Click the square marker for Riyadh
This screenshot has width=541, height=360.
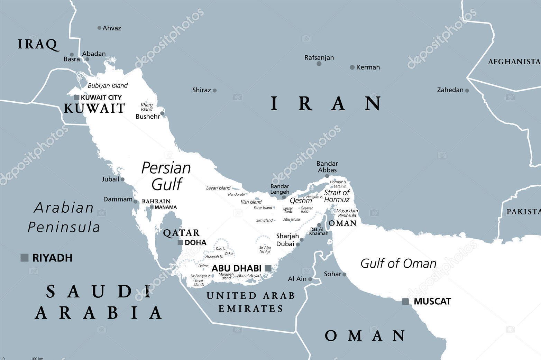[25, 258]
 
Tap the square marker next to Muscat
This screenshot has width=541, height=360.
[405, 302]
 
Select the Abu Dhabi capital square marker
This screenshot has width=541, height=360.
[268, 268]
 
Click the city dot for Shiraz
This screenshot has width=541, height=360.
[214, 91]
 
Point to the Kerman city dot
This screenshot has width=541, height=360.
[352, 67]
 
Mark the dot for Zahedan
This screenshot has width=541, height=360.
[467, 91]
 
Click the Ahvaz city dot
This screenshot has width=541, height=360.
[99, 28]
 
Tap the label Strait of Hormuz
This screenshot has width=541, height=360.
[337, 196]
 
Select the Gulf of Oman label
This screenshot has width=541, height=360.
[398, 264]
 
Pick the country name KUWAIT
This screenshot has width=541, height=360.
[94, 109]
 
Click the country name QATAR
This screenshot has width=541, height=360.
[181, 233]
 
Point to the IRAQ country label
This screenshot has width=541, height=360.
[37, 44]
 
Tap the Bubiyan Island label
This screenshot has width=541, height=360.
[108, 85]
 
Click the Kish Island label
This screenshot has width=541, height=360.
[251, 202]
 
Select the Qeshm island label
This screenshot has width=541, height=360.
[301, 201]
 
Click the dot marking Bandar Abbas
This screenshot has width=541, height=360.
[327, 176]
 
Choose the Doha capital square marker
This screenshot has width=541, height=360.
[180, 242]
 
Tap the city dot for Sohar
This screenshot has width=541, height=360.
[344, 275]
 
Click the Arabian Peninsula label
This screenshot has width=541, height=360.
[64, 218]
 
